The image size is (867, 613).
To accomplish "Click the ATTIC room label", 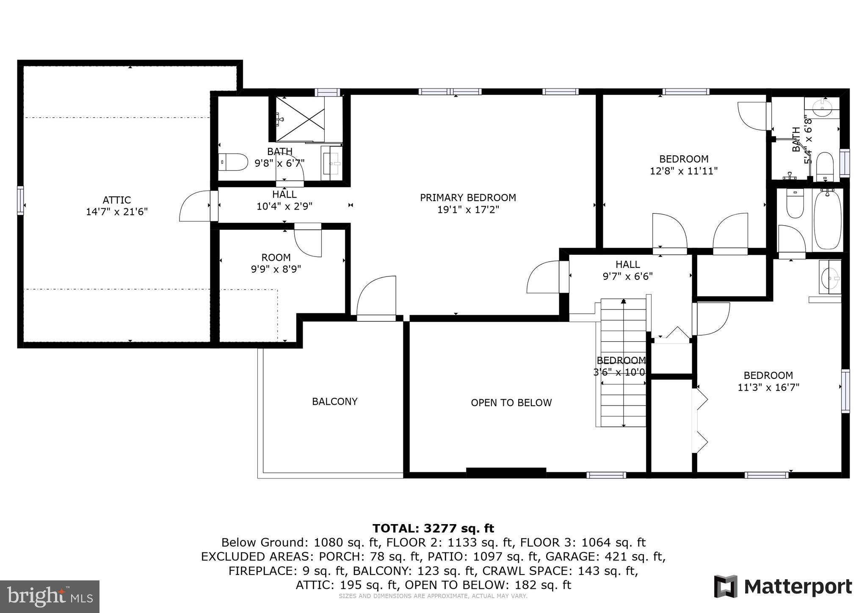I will [117, 200].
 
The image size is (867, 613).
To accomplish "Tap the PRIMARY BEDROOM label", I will [468, 198].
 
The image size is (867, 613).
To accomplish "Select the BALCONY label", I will [334, 401].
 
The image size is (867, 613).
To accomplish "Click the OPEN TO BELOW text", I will [511, 403].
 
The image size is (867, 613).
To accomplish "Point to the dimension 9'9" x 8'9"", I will [276, 269].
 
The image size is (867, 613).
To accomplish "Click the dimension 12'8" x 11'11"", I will [684, 171].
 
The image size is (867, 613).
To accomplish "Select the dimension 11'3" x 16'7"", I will [768, 387].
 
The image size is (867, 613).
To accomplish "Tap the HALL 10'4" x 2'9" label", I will [284, 200].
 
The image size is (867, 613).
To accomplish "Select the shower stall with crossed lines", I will [300, 119].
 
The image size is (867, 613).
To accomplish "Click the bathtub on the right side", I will [828, 220].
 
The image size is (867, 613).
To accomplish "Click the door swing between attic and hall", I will [195, 207].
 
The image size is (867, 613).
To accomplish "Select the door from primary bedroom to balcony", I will [376, 296].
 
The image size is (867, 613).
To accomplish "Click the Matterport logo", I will [783, 587].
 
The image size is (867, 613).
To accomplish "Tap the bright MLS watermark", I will [50, 596].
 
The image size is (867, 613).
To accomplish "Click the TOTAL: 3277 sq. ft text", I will [433, 528].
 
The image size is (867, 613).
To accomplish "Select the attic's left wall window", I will [20, 200].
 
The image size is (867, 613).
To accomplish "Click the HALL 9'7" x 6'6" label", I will [627, 270].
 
